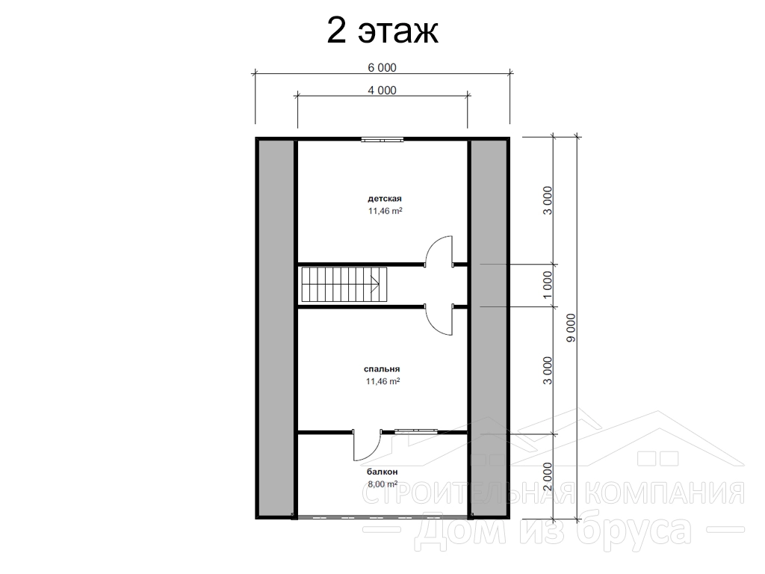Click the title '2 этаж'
pos(382,31)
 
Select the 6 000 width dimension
pos(382,68)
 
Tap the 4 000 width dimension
pos(382,90)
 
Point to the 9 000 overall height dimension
pos(572,327)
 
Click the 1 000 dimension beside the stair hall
pos(548,286)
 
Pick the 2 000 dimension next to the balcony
pos(548,477)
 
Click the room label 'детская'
pos(385,199)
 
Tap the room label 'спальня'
pos(382,369)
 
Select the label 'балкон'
pos(382,472)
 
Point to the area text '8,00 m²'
pos(382,484)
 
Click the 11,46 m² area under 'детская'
pos(385,211)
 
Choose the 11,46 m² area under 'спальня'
pos(383,381)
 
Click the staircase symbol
pos(344,285)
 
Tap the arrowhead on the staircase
pos(376,284)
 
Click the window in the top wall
pos(382,141)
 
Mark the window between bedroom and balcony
pos(416,431)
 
